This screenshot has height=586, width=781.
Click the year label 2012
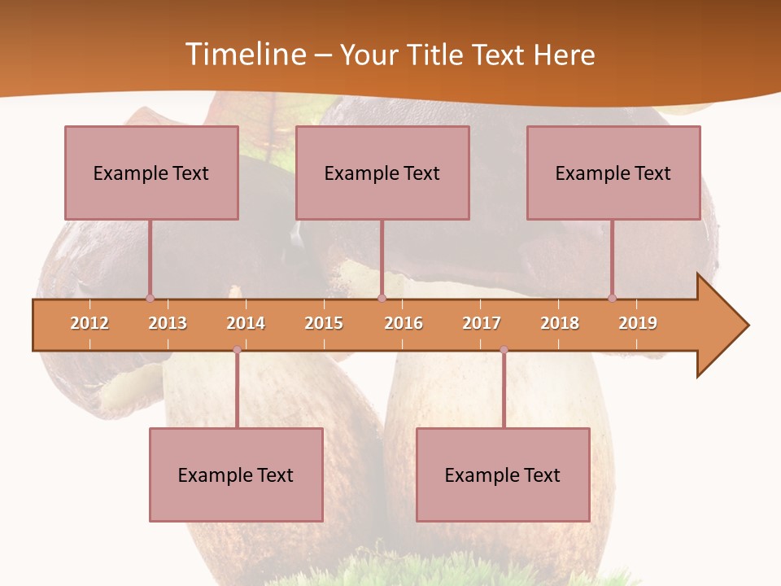89,323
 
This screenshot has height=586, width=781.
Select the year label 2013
168,323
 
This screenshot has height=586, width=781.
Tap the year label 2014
246,323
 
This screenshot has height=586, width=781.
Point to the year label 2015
324,323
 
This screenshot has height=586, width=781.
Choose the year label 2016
404,323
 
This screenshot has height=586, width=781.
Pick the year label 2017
482,323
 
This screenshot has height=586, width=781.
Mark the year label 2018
560,323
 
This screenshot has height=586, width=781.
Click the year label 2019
638,323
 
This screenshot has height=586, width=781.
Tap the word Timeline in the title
244,55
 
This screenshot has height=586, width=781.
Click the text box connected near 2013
151,173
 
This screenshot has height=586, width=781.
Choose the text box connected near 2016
382,173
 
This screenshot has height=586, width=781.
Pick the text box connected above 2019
613,173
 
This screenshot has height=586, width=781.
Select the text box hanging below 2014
236,474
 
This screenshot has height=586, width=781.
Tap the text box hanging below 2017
503,474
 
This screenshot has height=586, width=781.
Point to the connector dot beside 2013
150,298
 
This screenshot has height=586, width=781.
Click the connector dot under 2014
237,350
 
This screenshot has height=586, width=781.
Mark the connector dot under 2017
504,350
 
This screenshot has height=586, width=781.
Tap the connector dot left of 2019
613,298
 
